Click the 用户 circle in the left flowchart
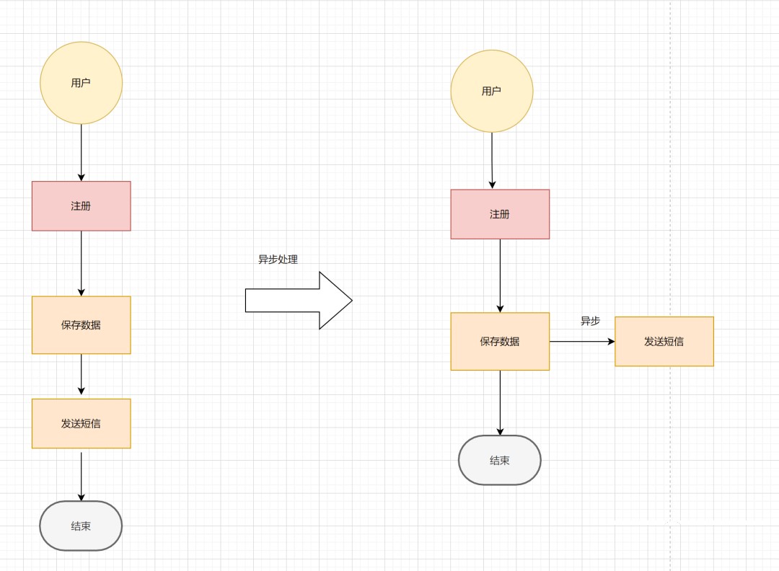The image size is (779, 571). click(x=81, y=83)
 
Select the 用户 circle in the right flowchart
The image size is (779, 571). click(x=491, y=91)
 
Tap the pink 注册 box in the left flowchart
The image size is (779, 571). click(x=81, y=206)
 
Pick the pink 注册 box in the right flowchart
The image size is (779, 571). click(x=500, y=214)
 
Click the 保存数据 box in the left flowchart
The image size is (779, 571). click(x=81, y=325)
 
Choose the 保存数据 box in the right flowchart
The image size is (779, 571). click(x=500, y=342)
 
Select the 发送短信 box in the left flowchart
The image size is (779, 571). click(x=81, y=424)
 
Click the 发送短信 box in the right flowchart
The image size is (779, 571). click(x=664, y=342)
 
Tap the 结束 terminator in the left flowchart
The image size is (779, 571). click(x=81, y=526)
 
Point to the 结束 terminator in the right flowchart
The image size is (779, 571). click(x=500, y=461)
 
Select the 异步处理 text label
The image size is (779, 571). click(x=278, y=260)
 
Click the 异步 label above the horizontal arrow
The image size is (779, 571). click(x=590, y=322)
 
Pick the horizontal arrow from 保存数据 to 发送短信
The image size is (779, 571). click(x=581, y=342)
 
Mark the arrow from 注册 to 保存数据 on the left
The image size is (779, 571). click(x=81, y=263)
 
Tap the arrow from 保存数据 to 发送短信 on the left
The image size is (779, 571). click(x=81, y=376)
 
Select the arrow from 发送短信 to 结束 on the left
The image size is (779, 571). click(x=81, y=475)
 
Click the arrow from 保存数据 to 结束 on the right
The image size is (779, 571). click(x=500, y=402)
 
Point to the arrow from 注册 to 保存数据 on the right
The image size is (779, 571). click(x=500, y=275)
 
